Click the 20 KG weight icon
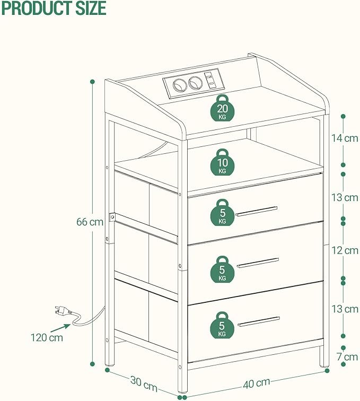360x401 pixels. click(223, 110)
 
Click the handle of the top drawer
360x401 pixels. click(256, 211)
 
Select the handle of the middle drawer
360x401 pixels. click(258, 263)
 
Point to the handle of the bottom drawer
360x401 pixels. click(259, 321)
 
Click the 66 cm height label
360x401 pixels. click(90, 222)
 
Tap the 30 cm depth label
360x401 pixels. click(144, 383)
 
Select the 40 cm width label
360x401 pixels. click(256, 383)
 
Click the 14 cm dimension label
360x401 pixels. click(345, 138)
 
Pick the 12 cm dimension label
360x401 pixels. click(345, 250)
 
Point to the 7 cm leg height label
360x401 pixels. click(347, 357)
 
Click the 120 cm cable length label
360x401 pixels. click(47, 337)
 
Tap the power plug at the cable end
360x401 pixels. click(63, 311)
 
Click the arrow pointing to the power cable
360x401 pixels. click(60, 328)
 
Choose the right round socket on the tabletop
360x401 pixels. click(195, 83)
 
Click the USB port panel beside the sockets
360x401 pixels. click(210, 80)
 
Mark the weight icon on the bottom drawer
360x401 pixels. click(222, 325)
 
